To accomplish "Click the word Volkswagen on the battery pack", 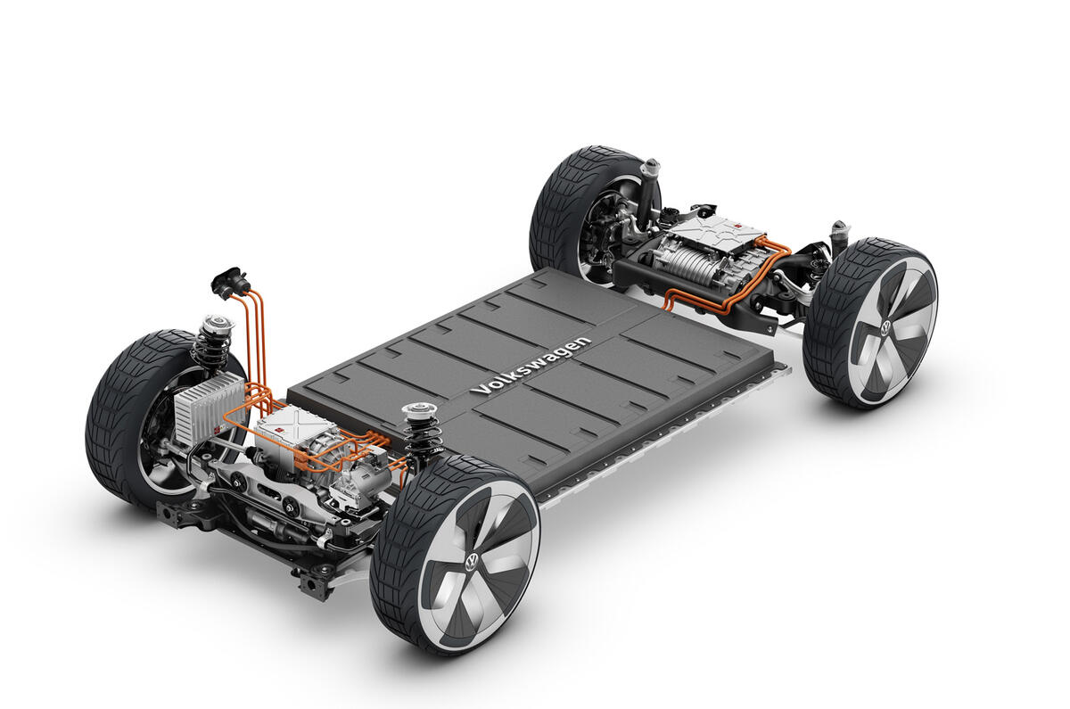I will tap(531, 367).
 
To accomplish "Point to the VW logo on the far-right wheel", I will tap(885, 328).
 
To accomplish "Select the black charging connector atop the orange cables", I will tap(229, 281).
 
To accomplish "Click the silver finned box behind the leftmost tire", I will tap(208, 408).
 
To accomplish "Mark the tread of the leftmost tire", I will tap(116, 419).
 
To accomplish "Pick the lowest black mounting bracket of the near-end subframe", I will tap(314, 584).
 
